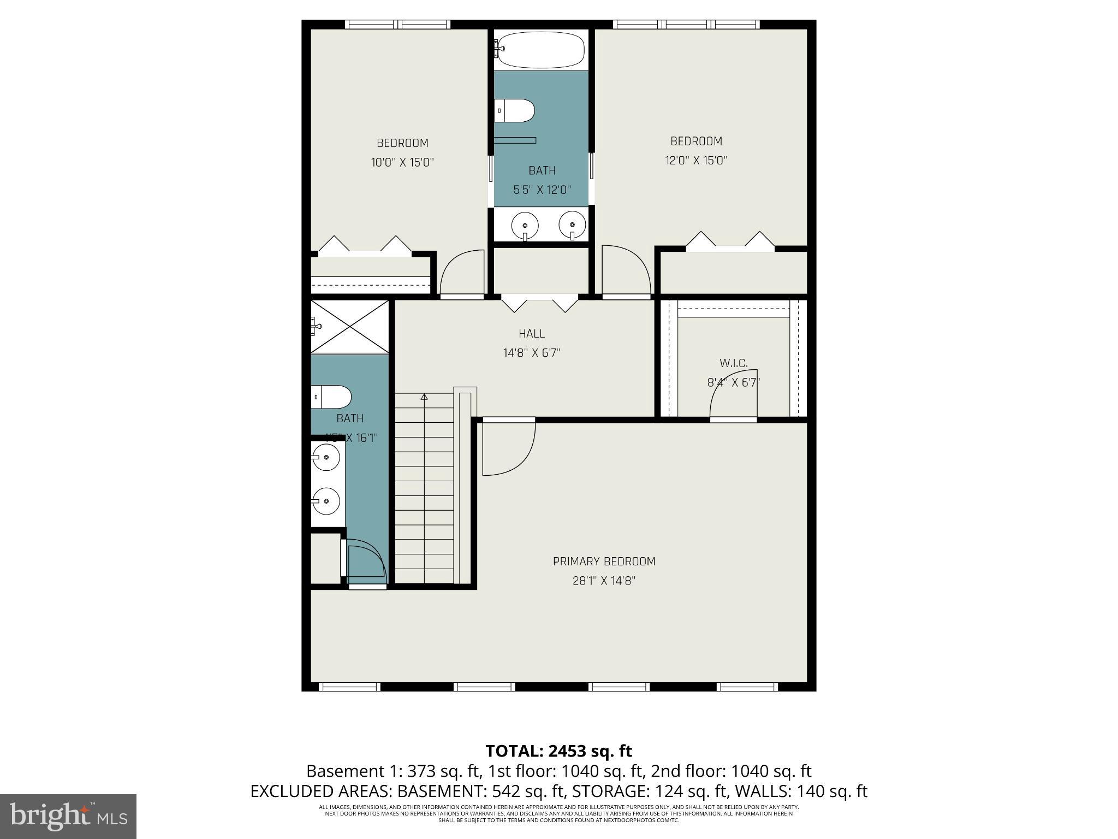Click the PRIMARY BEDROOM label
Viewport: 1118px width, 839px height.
604,561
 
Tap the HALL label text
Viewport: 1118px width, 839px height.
531,333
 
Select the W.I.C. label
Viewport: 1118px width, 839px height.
733,363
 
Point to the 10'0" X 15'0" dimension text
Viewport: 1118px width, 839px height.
402,162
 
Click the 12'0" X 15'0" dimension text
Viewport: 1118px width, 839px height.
696,160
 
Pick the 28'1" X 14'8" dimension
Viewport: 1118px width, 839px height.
604,581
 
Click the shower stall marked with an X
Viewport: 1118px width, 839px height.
350,326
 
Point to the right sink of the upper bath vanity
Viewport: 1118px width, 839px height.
572,224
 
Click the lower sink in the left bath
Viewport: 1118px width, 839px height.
325,500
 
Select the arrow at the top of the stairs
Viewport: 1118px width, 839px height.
424,397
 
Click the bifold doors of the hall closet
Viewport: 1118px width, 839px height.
539,303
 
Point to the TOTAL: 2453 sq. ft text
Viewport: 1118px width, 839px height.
558,751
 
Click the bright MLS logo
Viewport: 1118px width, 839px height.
68,816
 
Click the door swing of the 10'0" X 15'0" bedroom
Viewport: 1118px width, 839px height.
462,273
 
